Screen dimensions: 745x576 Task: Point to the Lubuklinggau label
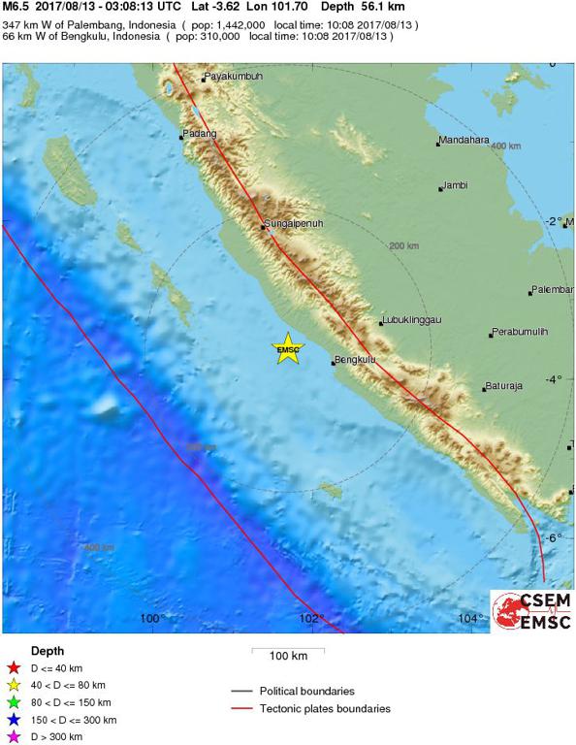412,319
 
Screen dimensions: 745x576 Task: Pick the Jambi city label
456,185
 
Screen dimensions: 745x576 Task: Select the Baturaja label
504,386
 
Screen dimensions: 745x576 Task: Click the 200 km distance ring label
403,246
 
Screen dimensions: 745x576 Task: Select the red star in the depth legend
14,667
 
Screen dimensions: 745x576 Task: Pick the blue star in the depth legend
14,720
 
